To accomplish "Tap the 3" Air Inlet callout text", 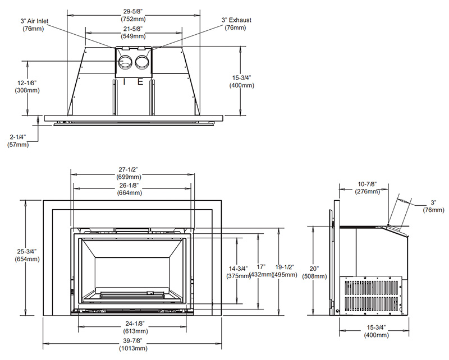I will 35,24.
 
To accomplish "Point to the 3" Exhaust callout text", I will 236,24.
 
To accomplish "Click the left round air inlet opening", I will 126,62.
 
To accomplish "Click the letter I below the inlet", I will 124,81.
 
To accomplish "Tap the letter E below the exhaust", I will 140,81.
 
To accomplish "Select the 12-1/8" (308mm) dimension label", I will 26,86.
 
